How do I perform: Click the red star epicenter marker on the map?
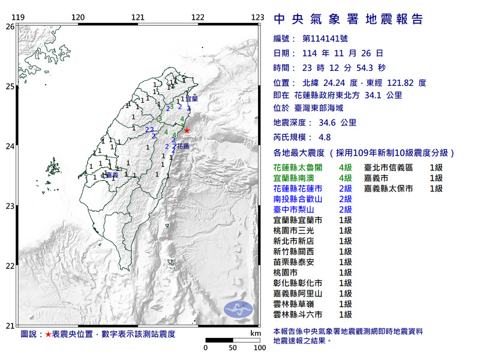pyautogui.click(x=187, y=130)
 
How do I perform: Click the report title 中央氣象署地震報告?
pyautogui.click(x=348, y=19)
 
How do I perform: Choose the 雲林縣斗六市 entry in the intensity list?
pyautogui.click(x=302, y=314)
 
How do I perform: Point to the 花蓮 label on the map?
pyautogui.click(x=183, y=146)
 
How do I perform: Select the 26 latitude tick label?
pyautogui.click(x=10, y=26)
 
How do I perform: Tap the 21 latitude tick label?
pyautogui.click(x=10, y=325)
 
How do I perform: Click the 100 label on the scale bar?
pyautogui.click(x=259, y=347)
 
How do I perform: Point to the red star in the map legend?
pyautogui.click(x=49, y=333)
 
